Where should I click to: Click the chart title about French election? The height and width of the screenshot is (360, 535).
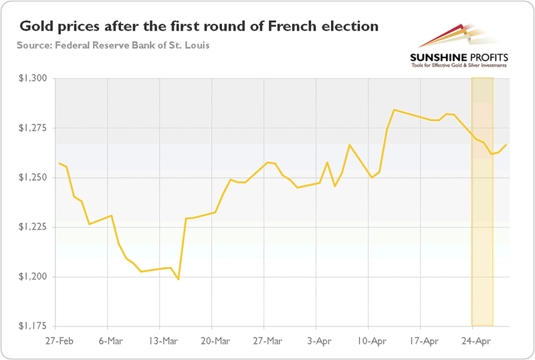coord(199,27)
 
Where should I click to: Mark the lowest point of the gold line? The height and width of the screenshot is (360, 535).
coord(179,279)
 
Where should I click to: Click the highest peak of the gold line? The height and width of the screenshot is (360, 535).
coord(395,110)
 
